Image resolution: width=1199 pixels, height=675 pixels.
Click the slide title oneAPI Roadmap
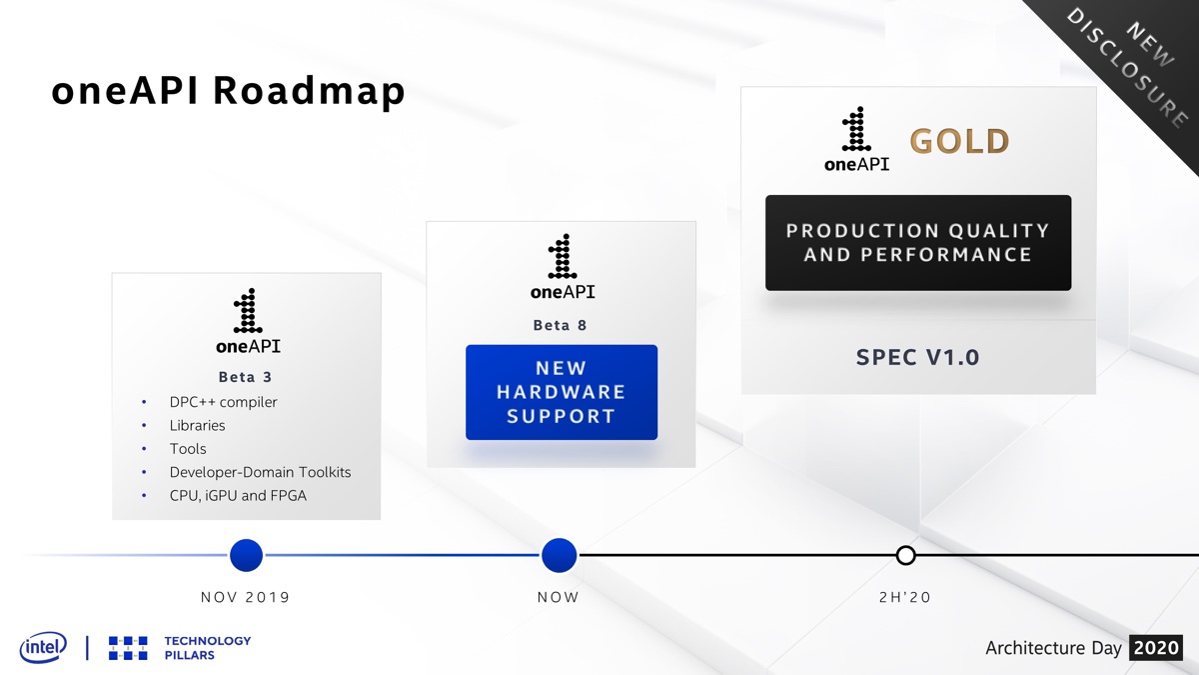point(228,91)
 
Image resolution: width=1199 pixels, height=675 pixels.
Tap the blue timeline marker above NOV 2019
point(246,555)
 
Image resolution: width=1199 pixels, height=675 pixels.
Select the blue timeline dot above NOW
point(559,555)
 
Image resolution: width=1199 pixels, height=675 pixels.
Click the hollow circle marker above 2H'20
point(905,555)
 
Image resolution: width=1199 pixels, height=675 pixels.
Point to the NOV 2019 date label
point(246,598)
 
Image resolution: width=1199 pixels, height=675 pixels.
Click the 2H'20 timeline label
point(905,598)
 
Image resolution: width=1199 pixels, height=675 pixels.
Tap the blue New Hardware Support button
point(562,392)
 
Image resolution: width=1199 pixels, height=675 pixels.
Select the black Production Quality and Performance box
point(918,243)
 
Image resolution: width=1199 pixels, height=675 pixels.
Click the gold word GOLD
point(959,142)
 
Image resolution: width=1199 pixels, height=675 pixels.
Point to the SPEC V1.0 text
point(918,357)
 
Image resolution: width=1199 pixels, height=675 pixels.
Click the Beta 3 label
point(246,377)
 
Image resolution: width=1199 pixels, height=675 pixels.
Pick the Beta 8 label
point(561,325)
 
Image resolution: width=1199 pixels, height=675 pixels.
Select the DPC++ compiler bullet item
point(223,402)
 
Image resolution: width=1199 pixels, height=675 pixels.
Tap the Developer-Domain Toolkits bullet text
point(260,472)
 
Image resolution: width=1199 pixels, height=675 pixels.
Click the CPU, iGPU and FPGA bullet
point(238,495)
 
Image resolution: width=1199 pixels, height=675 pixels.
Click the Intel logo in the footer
point(43,647)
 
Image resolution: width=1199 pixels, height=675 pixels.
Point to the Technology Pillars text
point(207,647)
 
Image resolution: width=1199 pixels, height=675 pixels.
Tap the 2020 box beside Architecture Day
point(1156,648)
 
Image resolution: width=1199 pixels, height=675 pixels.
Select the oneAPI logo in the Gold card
point(856,140)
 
